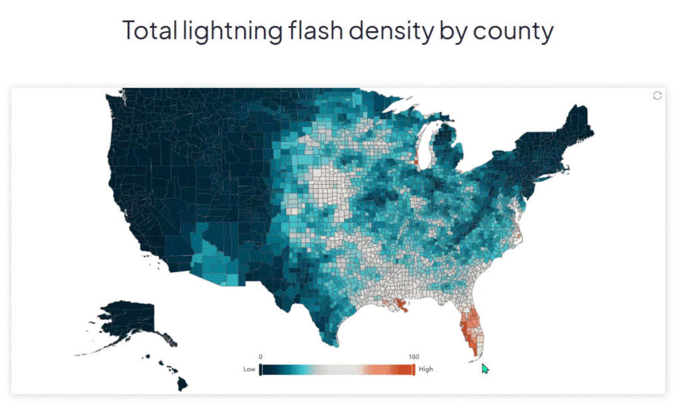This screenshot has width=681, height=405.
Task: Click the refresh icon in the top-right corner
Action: pos(657,96)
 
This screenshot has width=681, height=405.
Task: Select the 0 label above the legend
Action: pos(261,357)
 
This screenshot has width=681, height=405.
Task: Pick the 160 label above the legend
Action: pos(413,357)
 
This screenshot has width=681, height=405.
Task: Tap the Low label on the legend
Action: pos(249,369)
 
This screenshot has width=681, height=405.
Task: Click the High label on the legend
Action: pos(426,369)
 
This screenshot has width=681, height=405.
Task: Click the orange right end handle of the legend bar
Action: pos(414,369)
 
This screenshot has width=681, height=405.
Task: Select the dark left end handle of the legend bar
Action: pos(260,369)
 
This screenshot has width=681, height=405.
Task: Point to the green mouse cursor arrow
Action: pos(485,368)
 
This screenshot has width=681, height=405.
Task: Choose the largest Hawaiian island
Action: pos(182,384)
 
